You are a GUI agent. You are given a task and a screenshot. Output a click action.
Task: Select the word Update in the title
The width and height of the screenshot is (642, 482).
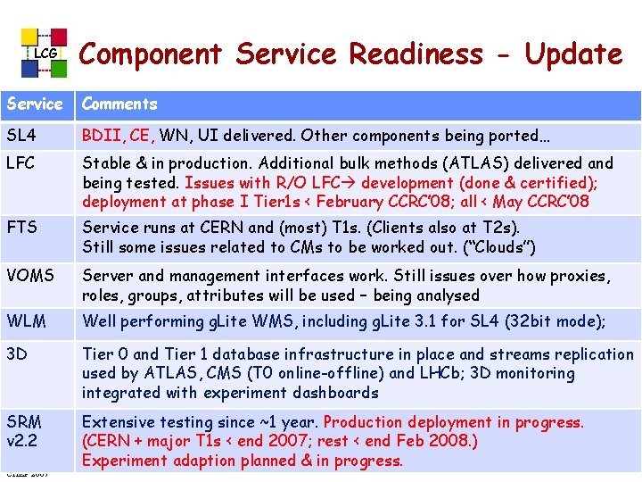tap(573, 54)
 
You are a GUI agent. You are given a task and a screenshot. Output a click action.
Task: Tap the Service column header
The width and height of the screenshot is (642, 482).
tap(35, 104)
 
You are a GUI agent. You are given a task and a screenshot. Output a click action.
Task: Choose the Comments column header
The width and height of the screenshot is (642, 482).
tap(119, 104)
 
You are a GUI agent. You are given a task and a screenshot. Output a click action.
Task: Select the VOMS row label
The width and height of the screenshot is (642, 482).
tap(29, 277)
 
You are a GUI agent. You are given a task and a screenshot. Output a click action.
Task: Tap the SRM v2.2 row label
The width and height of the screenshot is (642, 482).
tap(25, 430)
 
